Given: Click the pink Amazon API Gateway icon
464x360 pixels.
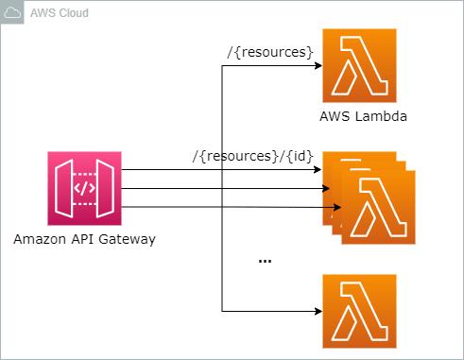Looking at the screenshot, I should [84, 187].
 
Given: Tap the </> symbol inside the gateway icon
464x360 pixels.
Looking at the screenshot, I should [84, 187].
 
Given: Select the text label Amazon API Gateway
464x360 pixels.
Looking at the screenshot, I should [84, 239].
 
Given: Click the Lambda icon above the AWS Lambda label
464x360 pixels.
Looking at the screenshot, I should [359, 65].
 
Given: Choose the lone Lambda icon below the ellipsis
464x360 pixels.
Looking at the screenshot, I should [359, 311].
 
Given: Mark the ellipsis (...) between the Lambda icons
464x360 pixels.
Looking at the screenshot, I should [265, 260].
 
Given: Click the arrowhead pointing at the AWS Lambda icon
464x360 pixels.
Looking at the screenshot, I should [318, 66].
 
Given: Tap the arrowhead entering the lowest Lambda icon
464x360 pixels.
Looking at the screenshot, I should [318, 311].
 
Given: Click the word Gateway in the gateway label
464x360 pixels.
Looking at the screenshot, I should [127, 239].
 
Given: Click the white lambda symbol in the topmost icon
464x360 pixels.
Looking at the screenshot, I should [359, 65].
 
